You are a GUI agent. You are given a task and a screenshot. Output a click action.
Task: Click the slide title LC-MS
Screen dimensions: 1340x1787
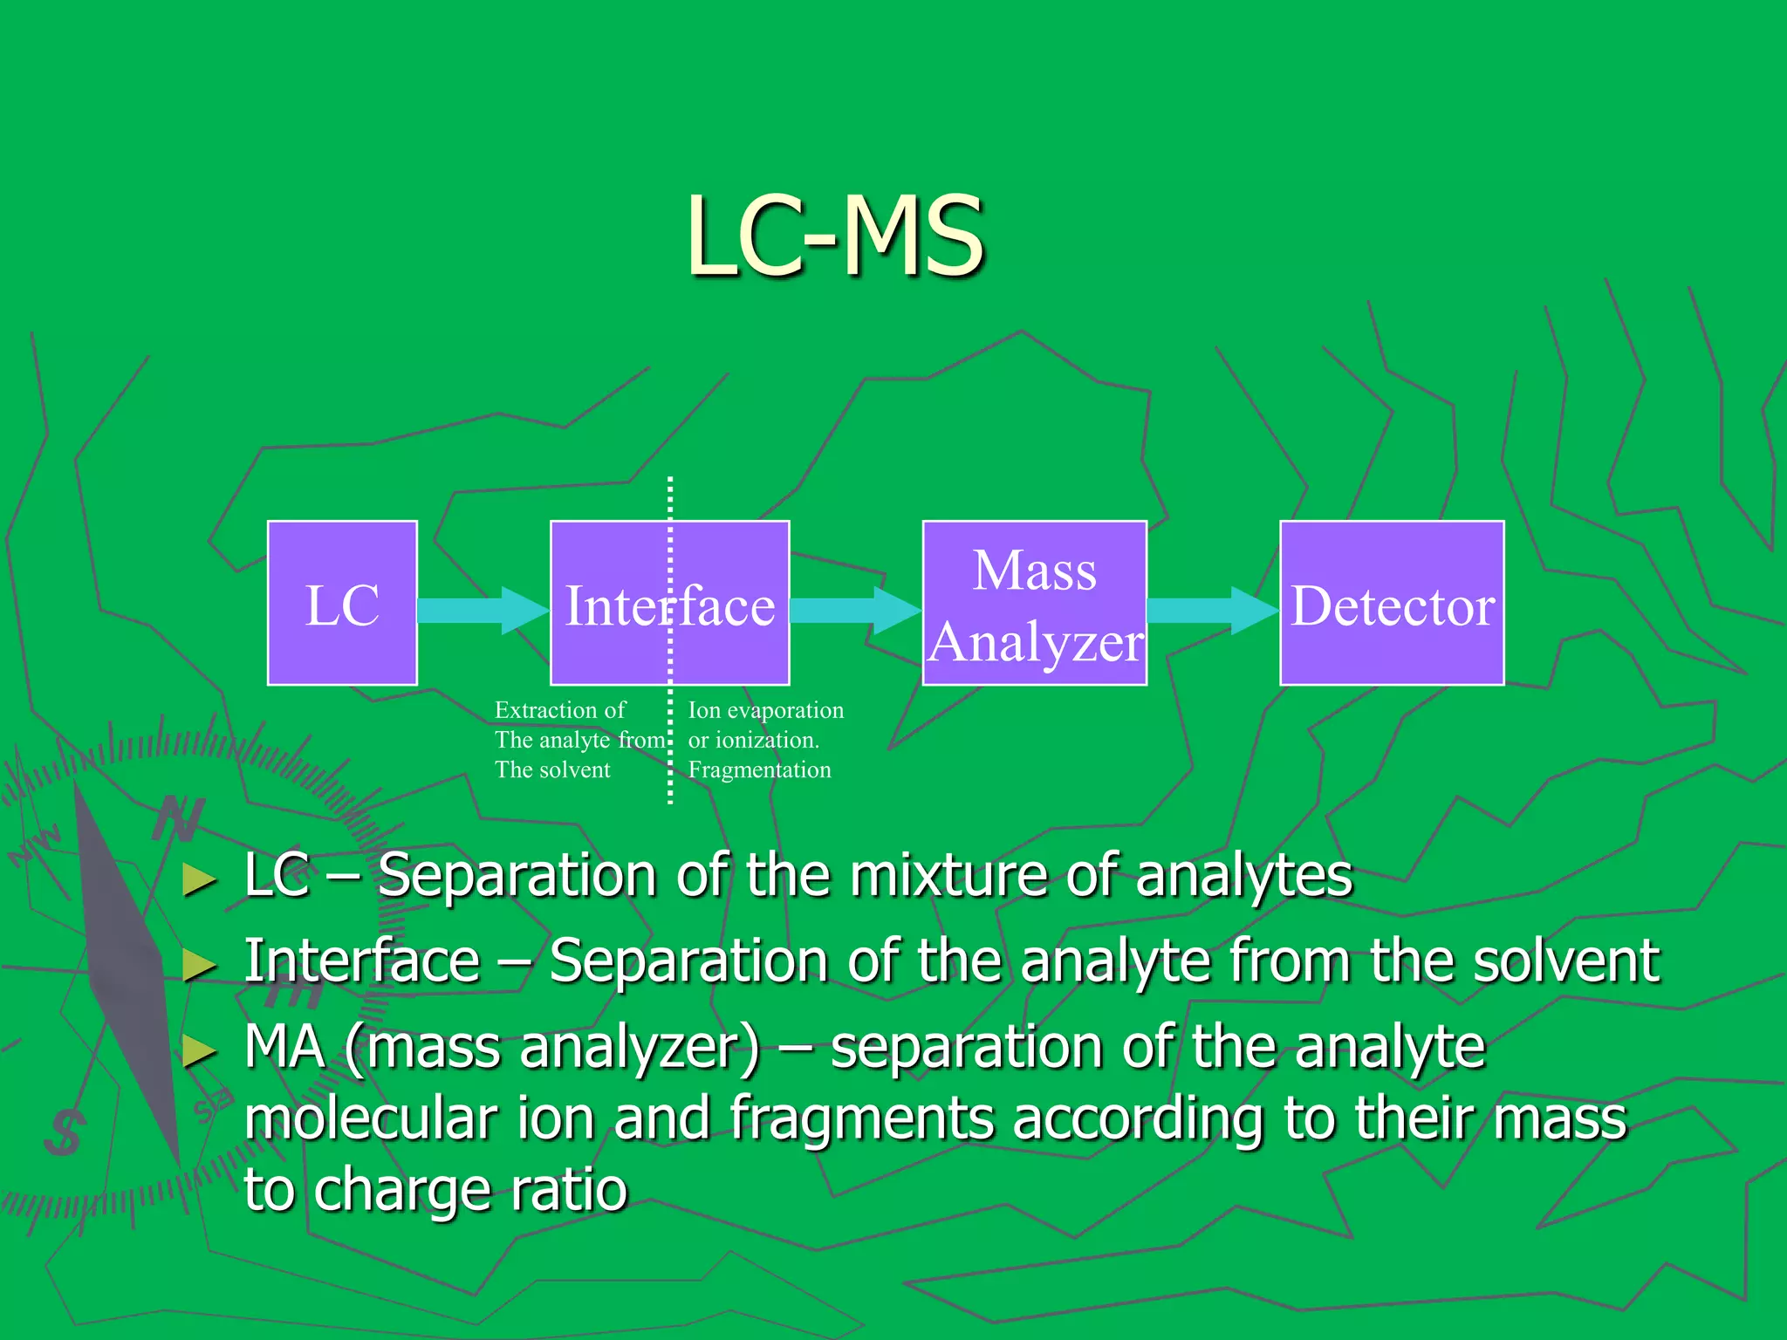pos(835,236)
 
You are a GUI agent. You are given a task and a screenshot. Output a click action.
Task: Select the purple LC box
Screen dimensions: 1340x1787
pos(342,603)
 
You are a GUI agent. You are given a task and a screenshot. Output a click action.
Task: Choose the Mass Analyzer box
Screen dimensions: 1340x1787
pos(1034,603)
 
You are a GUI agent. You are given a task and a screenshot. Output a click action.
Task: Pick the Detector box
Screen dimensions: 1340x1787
pos(1392,603)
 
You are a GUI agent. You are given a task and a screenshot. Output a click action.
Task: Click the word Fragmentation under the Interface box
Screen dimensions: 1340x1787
pos(759,769)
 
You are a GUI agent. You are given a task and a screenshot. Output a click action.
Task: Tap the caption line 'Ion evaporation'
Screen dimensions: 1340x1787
pos(765,710)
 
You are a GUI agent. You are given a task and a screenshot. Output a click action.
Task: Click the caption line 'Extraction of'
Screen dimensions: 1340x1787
pos(559,710)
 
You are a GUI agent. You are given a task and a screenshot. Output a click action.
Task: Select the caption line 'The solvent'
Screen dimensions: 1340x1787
pos(552,769)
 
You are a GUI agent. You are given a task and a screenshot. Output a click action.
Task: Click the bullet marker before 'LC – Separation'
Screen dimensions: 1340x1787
pos(199,880)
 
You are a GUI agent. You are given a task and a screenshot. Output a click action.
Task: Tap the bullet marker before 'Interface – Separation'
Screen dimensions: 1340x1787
pos(199,965)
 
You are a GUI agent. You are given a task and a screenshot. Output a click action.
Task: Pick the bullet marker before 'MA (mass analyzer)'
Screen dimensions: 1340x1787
pos(199,1051)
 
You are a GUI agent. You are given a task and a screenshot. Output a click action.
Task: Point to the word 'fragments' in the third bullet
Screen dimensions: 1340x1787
pos(861,1119)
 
